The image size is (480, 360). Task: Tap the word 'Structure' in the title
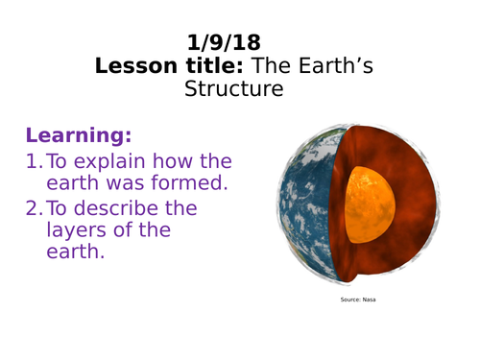tap(234, 89)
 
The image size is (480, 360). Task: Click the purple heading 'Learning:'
tap(79, 134)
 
